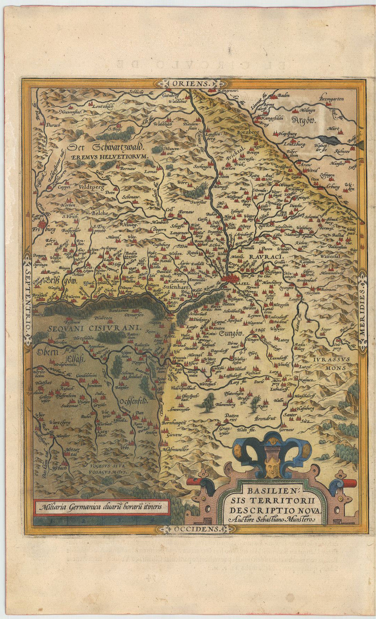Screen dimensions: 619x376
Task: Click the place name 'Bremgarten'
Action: (333, 99)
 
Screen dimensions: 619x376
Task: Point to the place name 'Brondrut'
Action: (267, 419)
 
